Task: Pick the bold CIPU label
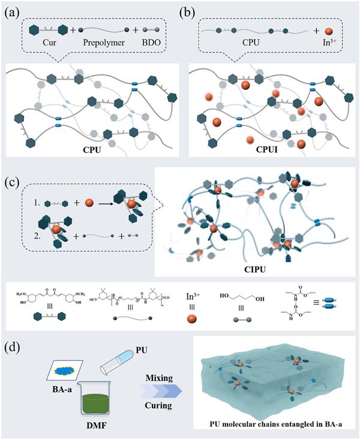tap(252, 260)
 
